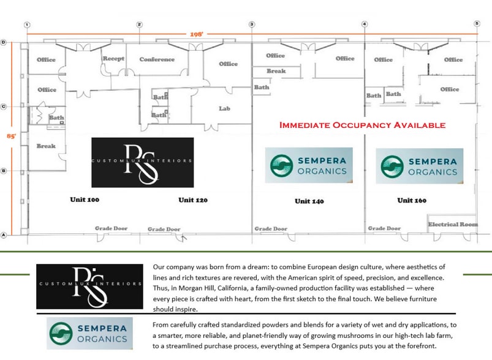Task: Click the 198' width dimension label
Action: point(197,35)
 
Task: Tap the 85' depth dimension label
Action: point(10,136)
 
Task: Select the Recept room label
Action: point(113,59)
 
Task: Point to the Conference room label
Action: point(157,59)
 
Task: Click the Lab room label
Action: point(224,108)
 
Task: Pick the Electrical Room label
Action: point(453,224)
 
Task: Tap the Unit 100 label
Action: point(85,200)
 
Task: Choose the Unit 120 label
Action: point(193,200)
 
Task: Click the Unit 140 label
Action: point(309,201)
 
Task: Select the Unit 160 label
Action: point(412,200)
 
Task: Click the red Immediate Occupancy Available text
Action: point(362,125)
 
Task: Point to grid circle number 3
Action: point(252,24)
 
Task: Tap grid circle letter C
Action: point(4,107)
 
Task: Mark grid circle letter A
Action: point(4,234)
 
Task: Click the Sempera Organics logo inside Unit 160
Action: point(419,166)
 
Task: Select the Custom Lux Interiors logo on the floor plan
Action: point(142,162)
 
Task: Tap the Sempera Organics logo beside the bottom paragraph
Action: point(89,334)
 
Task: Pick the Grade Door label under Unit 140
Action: point(271,229)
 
